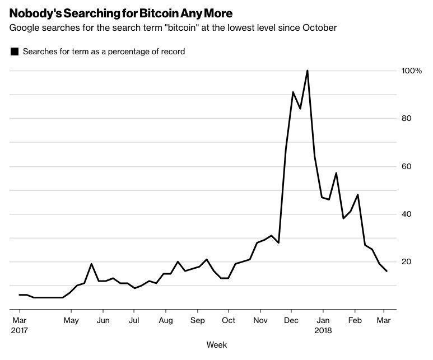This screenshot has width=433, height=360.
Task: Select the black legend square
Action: pos(15,52)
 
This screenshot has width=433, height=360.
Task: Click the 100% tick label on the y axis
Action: pos(411,71)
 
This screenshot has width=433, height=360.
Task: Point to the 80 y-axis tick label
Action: pos(407,119)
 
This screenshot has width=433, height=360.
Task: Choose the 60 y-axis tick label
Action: pos(407,166)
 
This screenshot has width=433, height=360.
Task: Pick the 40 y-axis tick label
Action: pos(407,214)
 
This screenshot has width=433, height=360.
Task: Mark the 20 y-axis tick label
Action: pos(407,261)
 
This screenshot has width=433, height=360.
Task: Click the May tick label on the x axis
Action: pos(71,320)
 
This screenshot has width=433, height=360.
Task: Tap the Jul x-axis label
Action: pos(134,320)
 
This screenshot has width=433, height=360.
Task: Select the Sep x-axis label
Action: pos(197,320)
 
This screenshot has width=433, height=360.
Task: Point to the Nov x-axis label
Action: pos(260,320)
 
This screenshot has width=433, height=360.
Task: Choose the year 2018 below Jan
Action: pos(323,330)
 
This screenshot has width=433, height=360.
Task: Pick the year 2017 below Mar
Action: pos(19,330)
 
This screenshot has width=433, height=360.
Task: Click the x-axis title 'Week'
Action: pos(216,345)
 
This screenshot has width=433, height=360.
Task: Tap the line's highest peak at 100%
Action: pos(308,71)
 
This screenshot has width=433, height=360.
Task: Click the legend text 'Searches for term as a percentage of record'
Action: pos(104,52)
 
